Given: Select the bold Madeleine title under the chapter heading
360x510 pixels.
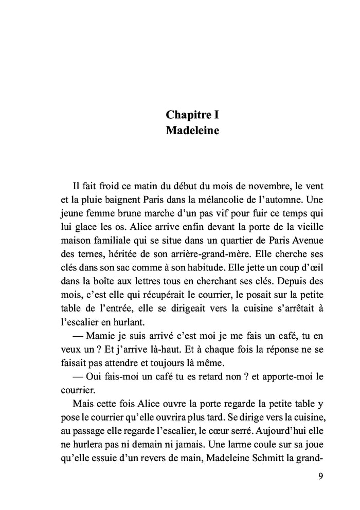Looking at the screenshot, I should click(x=192, y=131).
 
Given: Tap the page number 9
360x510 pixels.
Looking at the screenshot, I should click(x=320, y=476).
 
